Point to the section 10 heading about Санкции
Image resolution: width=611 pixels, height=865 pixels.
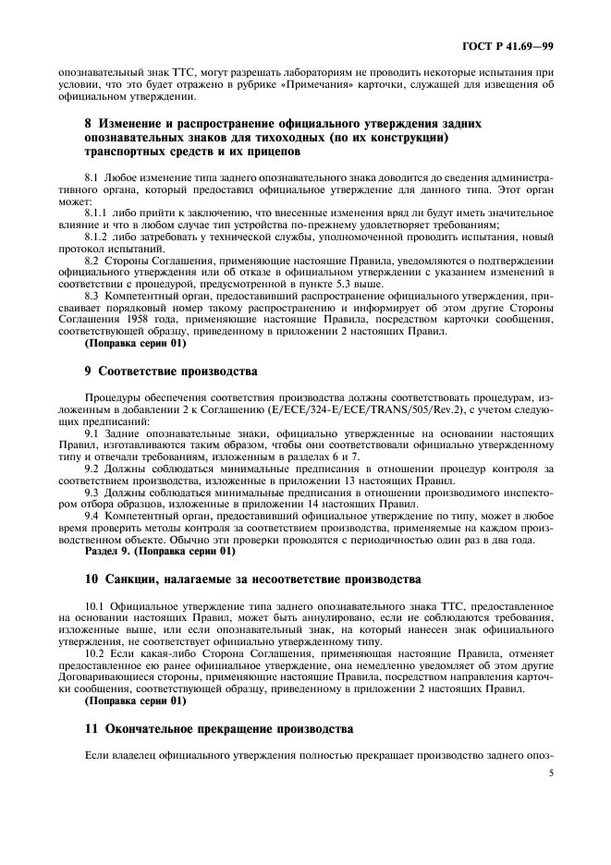point(241,579)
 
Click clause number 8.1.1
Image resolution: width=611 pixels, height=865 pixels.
point(97,211)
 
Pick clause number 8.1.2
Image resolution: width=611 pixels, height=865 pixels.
point(97,238)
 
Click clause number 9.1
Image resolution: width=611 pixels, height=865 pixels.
point(91,432)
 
